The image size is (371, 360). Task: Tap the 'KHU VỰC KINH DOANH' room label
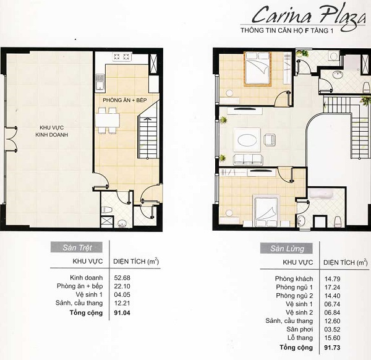[51, 131]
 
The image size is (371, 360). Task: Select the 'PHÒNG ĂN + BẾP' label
[125, 100]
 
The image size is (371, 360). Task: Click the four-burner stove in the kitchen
[122, 56]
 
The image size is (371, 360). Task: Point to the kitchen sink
[100, 83]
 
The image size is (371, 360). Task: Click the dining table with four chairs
[108, 121]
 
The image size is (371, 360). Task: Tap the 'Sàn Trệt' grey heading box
[77, 247]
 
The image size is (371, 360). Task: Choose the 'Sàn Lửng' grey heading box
[286, 248]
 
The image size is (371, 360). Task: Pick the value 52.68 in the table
[122, 278]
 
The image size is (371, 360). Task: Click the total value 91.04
[122, 313]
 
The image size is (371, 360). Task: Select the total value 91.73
[332, 348]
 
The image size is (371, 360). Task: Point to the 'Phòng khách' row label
[294, 279]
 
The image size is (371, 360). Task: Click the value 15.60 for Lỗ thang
[332, 338]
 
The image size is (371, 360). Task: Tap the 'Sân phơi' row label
[299, 329]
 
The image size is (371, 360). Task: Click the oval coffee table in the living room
[247, 141]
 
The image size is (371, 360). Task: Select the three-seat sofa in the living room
[248, 160]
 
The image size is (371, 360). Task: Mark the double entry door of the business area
[11, 139]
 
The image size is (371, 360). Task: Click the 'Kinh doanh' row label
[87, 278]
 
